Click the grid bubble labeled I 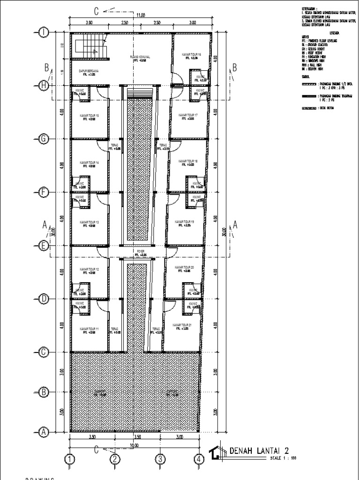point(44,32)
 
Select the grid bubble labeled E point(44,245)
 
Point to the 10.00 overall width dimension point(135,445)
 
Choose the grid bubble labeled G point(44,139)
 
